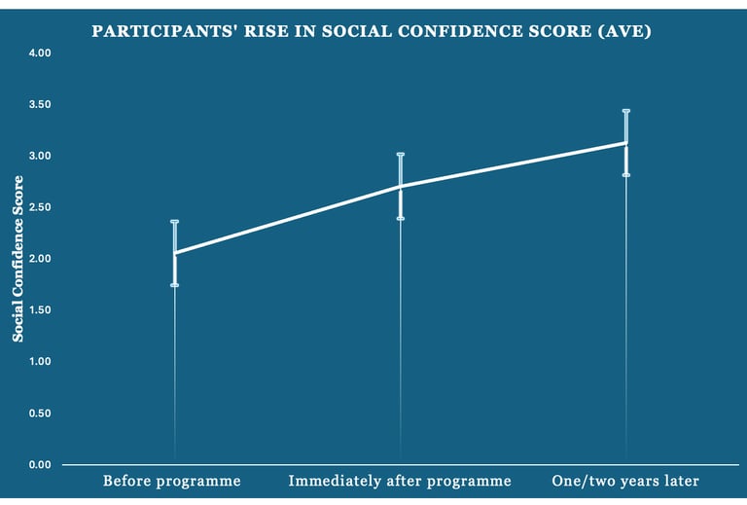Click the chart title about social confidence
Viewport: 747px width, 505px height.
click(x=372, y=32)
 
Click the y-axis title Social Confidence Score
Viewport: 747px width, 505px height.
click(x=18, y=258)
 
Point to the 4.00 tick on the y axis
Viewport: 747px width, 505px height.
click(x=39, y=53)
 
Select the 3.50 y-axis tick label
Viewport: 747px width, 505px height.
click(x=39, y=104)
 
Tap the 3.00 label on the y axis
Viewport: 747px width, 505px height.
click(x=39, y=156)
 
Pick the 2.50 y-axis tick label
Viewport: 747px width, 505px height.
click(x=39, y=207)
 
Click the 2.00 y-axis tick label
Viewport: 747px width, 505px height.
click(x=39, y=259)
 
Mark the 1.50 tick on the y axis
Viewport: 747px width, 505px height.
click(x=39, y=310)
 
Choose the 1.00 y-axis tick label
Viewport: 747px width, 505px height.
click(x=39, y=361)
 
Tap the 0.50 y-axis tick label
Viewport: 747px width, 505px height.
click(x=39, y=414)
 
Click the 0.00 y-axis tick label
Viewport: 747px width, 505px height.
click(x=39, y=464)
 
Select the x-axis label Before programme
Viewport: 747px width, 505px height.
click(x=172, y=481)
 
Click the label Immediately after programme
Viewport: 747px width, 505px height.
click(x=400, y=481)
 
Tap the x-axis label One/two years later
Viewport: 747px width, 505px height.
click(x=625, y=481)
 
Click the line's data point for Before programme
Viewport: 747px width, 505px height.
click(x=175, y=253)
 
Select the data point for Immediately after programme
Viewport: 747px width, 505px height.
click(x=400, y=186)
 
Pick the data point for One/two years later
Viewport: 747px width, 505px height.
click(x=625, y=143)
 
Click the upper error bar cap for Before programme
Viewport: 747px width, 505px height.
click(x=175, y=222)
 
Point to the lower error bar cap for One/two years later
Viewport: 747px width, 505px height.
click(x=625, y=175)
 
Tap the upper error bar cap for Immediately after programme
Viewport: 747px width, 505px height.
click(x=400, y=154)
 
